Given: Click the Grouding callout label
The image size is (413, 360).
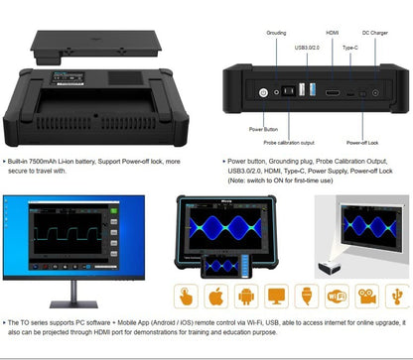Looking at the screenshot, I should coord(276,33).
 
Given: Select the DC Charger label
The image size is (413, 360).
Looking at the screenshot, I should coord(375,33).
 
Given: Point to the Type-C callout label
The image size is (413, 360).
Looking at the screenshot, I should coord(348,47).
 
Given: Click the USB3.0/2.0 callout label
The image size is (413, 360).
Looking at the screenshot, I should coord(307,46).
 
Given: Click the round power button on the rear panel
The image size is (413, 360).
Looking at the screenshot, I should coord(264,92).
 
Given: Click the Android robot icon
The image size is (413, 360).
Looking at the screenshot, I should coord(245,297).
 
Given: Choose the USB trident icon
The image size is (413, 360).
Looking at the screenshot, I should coord(277,297).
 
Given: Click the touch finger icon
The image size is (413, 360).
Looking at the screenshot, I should coord(184,297).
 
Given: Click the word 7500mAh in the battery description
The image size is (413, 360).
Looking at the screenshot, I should coord(55,159).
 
